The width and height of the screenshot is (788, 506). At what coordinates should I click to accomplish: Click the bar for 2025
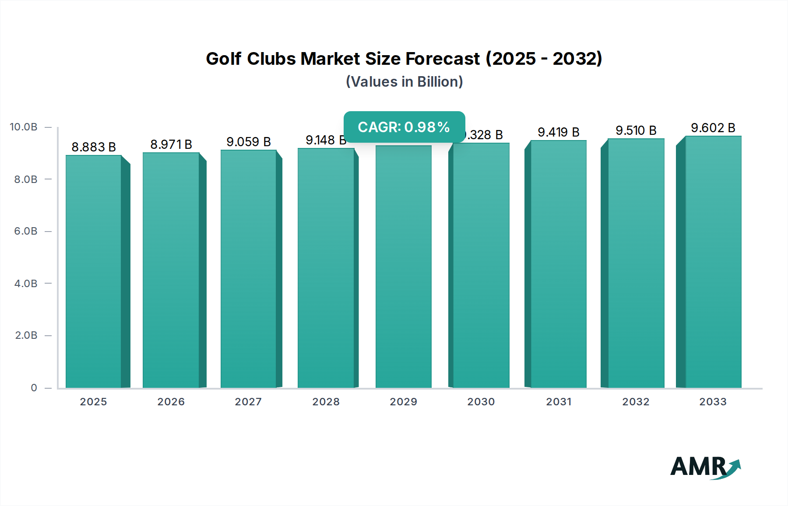pyautogui.click(x=94, y=271)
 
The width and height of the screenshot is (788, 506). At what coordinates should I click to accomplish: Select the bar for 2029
pyautogui.click(x=403, y=267)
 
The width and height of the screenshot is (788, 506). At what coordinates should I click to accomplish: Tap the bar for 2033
pyautogui.click(x=713, y=263)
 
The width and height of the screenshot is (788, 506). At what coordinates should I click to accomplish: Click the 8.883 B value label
pyautogui.click(x=94, y=147)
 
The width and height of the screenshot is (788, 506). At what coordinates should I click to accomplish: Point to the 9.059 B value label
pyautogui.click(x=248, y=142)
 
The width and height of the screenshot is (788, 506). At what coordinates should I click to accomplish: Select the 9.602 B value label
pyautogui.click(x=713, y=128)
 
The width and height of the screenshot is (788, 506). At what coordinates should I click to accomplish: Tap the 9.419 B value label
pyautogui.click(x=558, y=132)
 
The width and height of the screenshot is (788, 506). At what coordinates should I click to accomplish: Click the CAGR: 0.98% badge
pyautogui.click(x=404, y=127)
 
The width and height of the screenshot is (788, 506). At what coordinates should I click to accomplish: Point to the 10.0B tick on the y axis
pyautogui.click(x=24, y=127)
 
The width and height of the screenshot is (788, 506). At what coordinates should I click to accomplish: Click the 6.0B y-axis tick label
pyautogui.click(x=26, y=231)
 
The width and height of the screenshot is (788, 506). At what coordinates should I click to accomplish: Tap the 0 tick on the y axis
pyautogui.click(x=34, y=388)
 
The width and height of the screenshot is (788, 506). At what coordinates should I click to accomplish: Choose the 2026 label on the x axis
pyautogui.click(x=171, y=402)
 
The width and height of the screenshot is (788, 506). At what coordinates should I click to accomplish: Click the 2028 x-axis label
pyautogui.click(x=326, y=402)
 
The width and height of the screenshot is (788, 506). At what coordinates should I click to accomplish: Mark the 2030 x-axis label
pyautogui.click(x=481, y=402)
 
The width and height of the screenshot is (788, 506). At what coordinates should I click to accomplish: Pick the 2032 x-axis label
pyautogui.click(x=636, y=402)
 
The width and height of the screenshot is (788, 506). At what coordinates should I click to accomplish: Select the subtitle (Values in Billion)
pyautogui.click(x=404, y=82)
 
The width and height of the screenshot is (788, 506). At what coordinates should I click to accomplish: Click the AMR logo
pyautogui.click(x=705, y=467)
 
